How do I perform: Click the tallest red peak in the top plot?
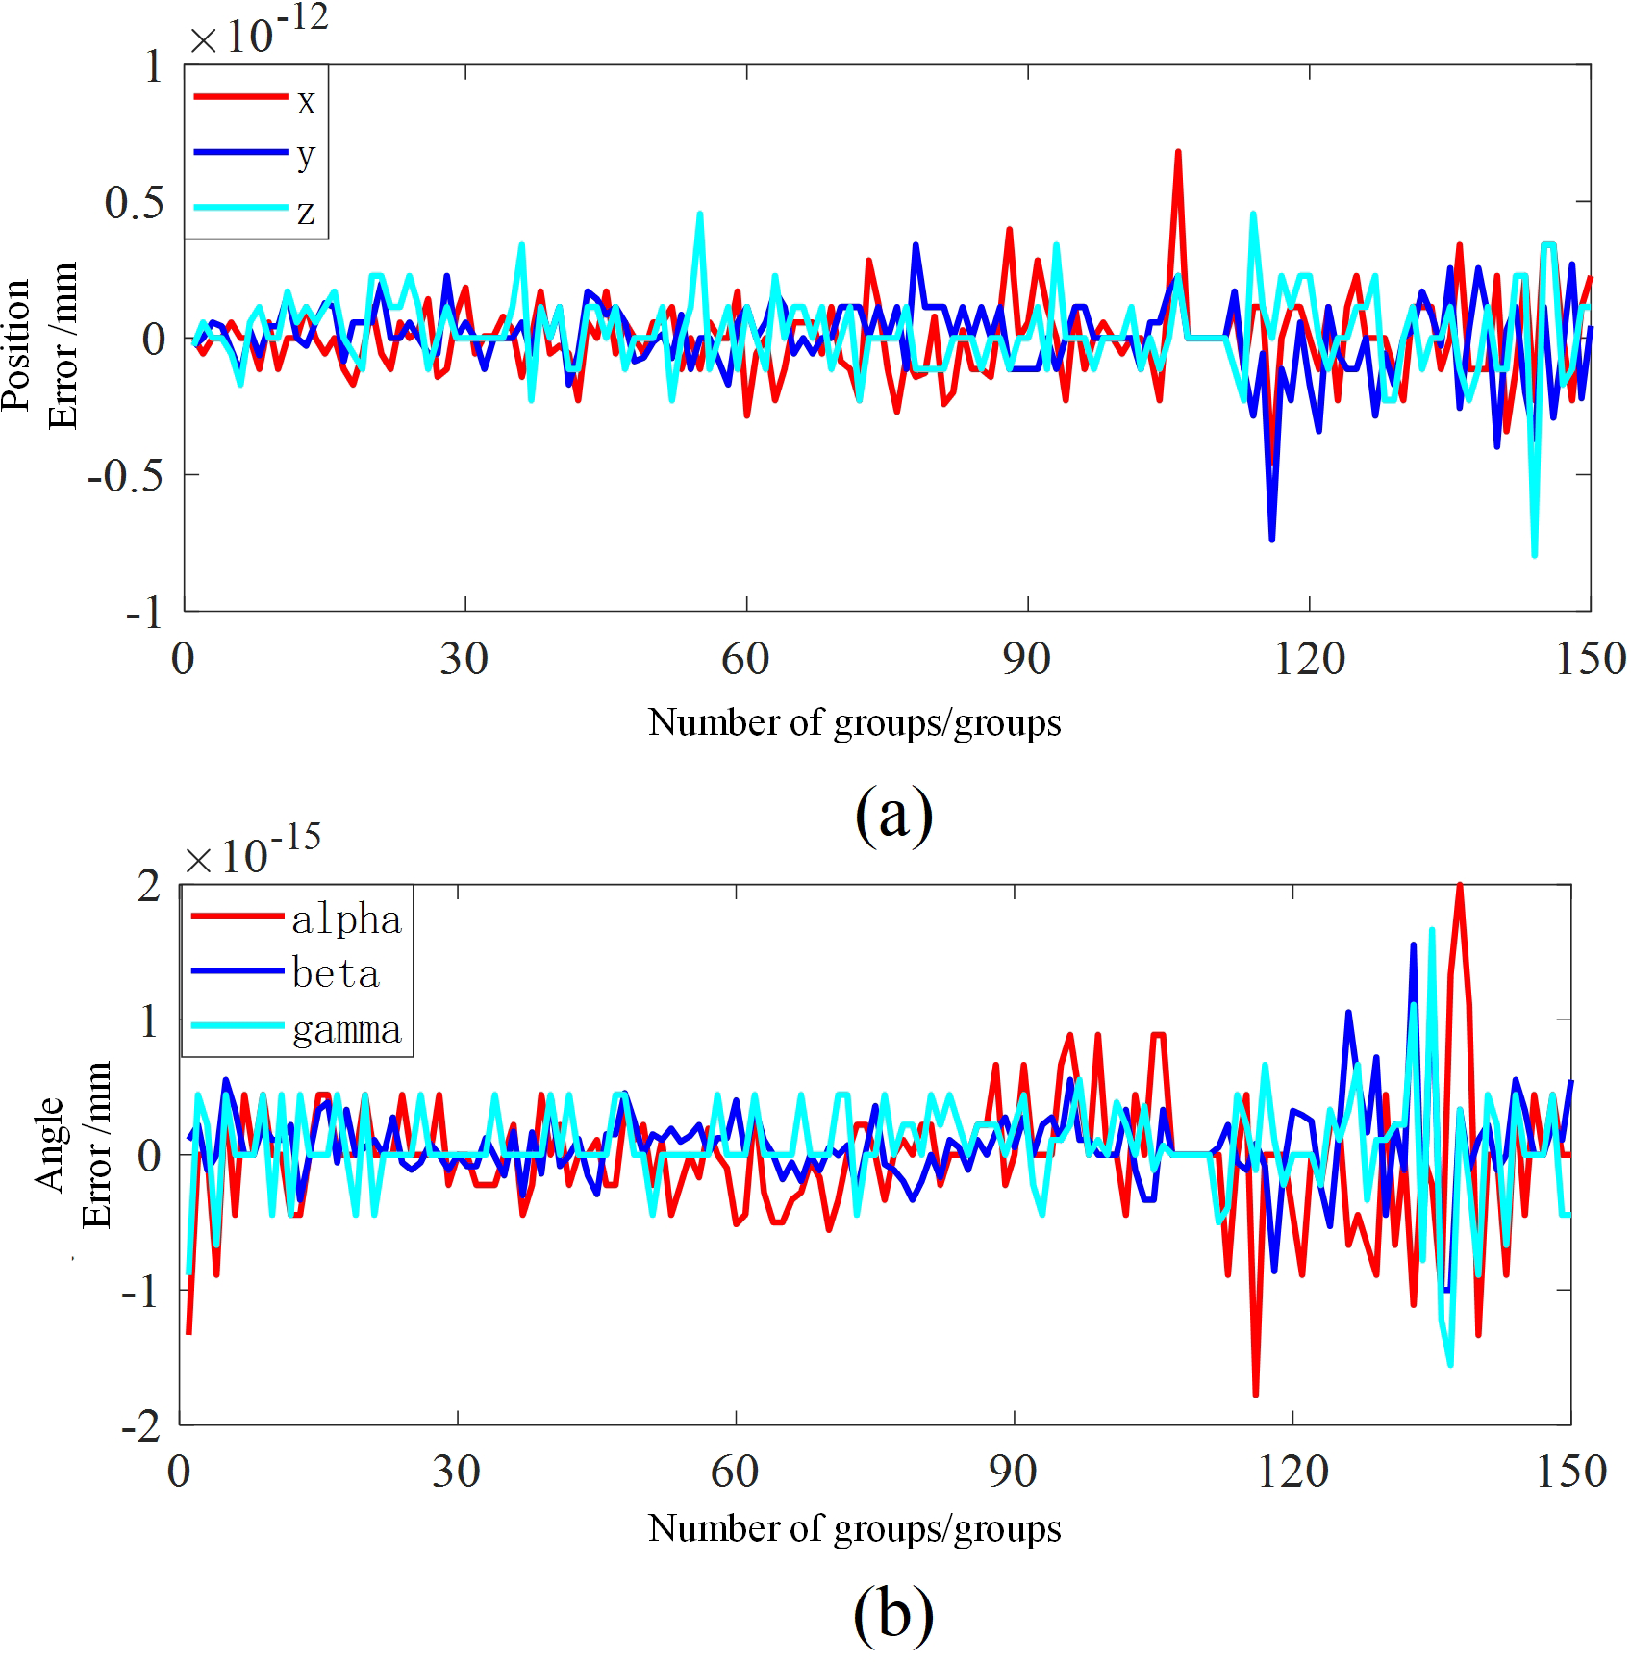click(x=1177, y=153)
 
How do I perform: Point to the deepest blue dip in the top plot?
click(x=1271, y=540)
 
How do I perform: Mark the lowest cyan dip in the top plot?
click(x=1534, y=554)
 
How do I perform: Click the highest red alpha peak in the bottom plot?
click(x=1460, y=886)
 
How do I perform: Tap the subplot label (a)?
click(x=893, y=815)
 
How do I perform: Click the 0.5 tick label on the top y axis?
click(x=134, y=203)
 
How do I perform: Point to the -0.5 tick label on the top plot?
click(x=126, y=476)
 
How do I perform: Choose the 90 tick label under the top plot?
click(x=1026, y=660)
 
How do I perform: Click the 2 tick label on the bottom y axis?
click(x=148, y=887)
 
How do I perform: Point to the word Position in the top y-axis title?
click(x=17, y=344)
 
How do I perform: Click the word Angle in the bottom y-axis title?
click(x=50, y=1144)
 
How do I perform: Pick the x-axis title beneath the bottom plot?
click(x=854, y=1528)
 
